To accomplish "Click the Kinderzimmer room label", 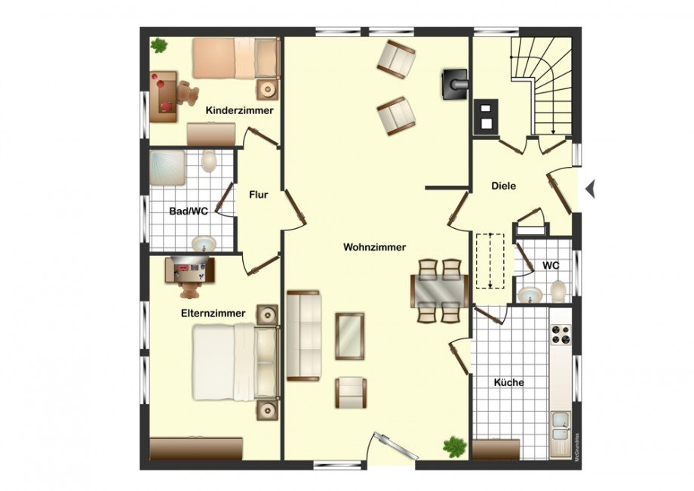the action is pyautogui.click(x=239, y=111).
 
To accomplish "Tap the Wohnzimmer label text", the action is pyautogui.click(x=374, y=247).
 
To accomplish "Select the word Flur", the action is pyautogui.click(x=259, y=195).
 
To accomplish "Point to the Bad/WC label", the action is pyautogui.click(x=189, y=212).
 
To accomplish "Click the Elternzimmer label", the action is pyautogui.click(x=213, y=313).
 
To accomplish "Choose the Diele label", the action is pyautogui.click(x=504, y=186).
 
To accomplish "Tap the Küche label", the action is pyautogui.click(x=509, y=382).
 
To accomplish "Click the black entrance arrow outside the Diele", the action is pyautogui.click(x=590, y=189).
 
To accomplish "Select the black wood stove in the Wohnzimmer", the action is pyautogui.click(x=454, y=84).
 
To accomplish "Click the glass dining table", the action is pyautogui.click(x=440, y=291).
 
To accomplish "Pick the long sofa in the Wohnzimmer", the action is pyautogui.click(x=303, y=335).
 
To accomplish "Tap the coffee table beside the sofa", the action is pyautogui.click(x=350, y=336).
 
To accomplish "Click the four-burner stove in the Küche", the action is pyautogui.click(x=560, y=335).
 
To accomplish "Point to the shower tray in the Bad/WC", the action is pyautogui.click(x=167, y=168).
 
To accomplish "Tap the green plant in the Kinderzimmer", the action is pyautogui.click(x=158, y=45).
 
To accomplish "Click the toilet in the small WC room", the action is pyautogui.click(x=558, y=291).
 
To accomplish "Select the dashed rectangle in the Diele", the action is pyautogui.click(x=490, y=261).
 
